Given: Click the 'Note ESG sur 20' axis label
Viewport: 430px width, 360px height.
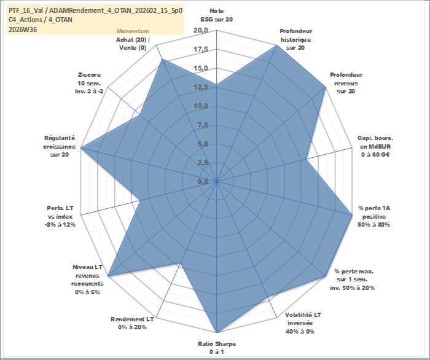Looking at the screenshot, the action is coord(217,15).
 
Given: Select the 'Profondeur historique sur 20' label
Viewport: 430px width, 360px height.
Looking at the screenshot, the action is coord(295,39).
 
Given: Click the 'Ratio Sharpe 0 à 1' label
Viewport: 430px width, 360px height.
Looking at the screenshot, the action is coord(217,348).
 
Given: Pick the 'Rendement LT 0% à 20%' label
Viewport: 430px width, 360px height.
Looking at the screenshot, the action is coord(132,323).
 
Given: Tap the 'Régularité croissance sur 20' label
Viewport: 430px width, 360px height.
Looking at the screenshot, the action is coord(59,146).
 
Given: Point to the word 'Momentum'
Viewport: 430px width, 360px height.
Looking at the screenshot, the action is coord(133,31).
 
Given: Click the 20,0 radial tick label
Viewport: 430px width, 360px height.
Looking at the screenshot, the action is coord(201,31).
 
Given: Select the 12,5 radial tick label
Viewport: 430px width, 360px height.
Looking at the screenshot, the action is coord(201,87).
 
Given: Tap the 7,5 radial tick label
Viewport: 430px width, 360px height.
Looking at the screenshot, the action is coord(203,125).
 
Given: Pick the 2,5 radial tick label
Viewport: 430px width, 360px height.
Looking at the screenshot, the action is coord(203,163).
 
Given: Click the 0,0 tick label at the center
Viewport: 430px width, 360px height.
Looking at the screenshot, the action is coord(203,181).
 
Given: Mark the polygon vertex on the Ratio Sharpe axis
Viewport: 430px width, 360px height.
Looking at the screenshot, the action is coord(217,332).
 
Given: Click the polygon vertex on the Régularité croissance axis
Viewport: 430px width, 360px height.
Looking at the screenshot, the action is coord(82,147).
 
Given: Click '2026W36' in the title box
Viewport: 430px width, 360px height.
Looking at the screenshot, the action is coord(23,29).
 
